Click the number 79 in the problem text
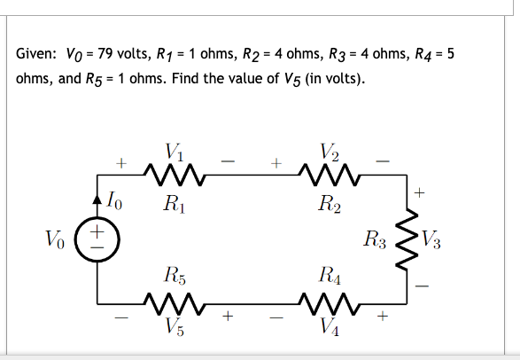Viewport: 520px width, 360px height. (x=92, y=55)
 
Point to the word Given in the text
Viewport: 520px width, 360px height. (x=35, y=55)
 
